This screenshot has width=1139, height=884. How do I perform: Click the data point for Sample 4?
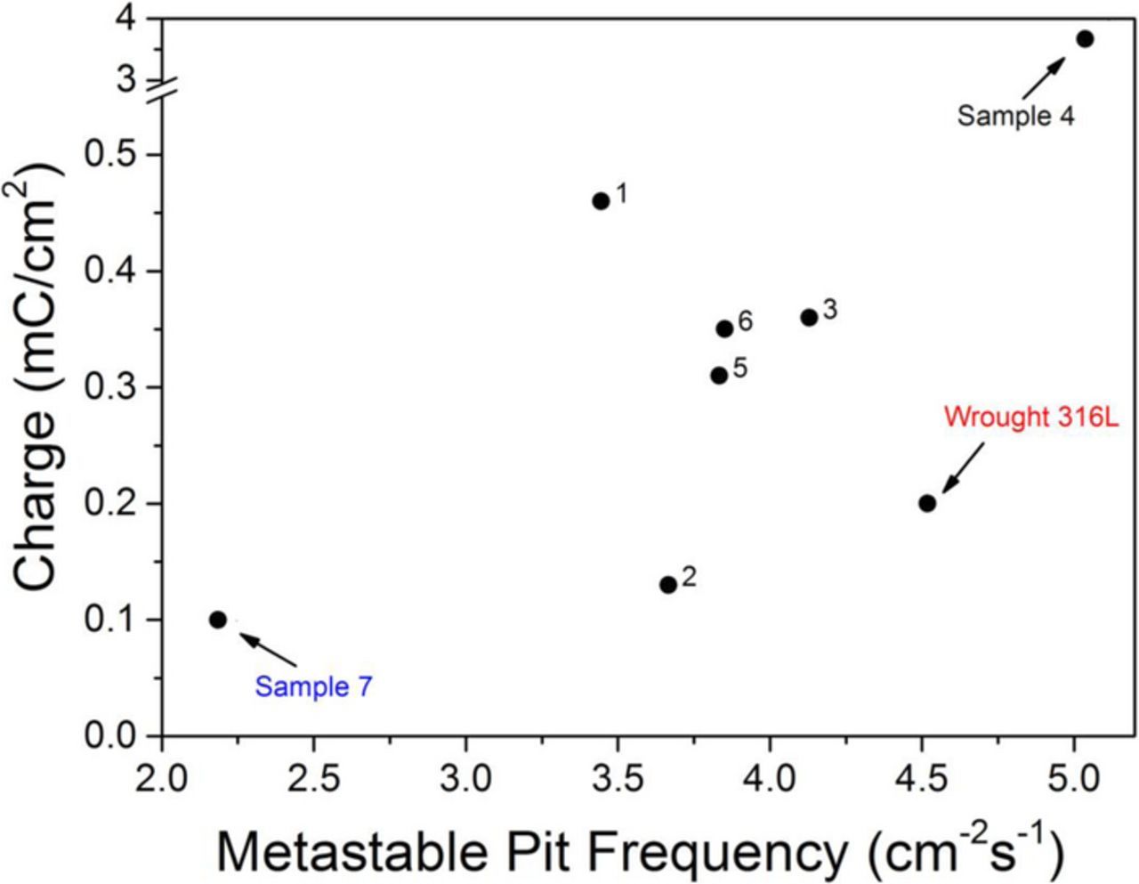coord(1085,39)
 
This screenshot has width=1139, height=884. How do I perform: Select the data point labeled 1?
coord(601,201)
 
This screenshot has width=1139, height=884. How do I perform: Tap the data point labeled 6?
coord(724,328)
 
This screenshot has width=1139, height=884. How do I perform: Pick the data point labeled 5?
coord(719,376)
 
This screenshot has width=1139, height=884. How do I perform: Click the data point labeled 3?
coord(809,318)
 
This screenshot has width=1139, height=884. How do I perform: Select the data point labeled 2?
coord(668,585)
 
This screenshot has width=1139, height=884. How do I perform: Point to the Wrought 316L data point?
coord(927,504)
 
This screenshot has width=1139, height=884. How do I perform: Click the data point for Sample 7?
coord(218,620)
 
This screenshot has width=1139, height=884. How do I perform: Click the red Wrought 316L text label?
coord(1030,418)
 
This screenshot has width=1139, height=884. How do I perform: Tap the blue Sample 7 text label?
coord(313,687)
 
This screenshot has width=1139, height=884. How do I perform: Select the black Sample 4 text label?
coord(1015,116)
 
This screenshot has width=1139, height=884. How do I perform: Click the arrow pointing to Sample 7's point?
coord(268,649)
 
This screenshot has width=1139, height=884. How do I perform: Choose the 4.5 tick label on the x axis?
coord(921,780)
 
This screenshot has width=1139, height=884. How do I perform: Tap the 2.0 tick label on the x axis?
coord(162,780)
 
